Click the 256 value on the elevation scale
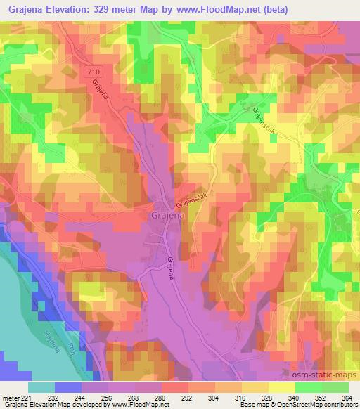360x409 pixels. point(108,397)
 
